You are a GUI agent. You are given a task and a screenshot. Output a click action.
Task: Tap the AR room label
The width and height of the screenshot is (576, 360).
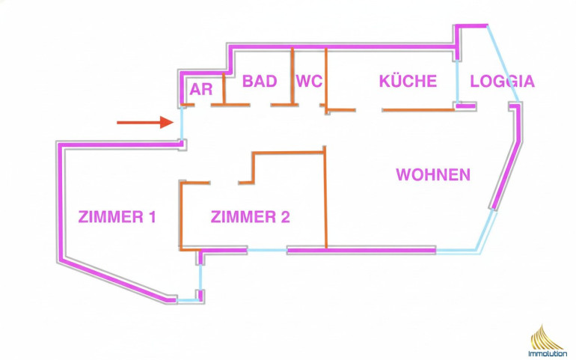(201, 89)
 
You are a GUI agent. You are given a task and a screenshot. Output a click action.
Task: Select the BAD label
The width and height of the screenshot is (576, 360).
(260, 81)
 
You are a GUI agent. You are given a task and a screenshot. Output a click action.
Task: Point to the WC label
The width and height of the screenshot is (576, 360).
(309, 81)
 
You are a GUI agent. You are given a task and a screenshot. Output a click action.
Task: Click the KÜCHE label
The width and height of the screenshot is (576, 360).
(408, 81)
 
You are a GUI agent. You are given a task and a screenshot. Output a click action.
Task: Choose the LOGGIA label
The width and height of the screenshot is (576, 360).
(502, 81)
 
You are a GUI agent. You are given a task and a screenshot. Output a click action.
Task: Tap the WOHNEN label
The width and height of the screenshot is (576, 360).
(433, 175)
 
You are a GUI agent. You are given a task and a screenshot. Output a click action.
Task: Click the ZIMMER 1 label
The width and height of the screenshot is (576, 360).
(117, 218)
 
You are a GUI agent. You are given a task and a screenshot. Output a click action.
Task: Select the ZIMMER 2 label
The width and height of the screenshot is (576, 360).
(250, 218)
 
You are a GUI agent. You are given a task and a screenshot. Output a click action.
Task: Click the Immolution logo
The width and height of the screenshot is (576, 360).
(548, 341)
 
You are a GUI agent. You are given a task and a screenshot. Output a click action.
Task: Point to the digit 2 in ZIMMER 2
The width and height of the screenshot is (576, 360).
(285, 218)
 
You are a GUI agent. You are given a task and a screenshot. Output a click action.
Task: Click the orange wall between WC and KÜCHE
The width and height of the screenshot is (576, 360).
(326, 79)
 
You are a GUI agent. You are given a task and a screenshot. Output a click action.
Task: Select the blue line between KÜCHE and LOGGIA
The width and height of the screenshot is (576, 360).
(457, 81)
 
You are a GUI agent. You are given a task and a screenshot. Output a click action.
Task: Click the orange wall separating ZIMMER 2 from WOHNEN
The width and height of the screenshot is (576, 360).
(325, 198)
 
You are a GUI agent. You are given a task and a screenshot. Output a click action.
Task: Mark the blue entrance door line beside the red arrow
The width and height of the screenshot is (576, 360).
(182, 123)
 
